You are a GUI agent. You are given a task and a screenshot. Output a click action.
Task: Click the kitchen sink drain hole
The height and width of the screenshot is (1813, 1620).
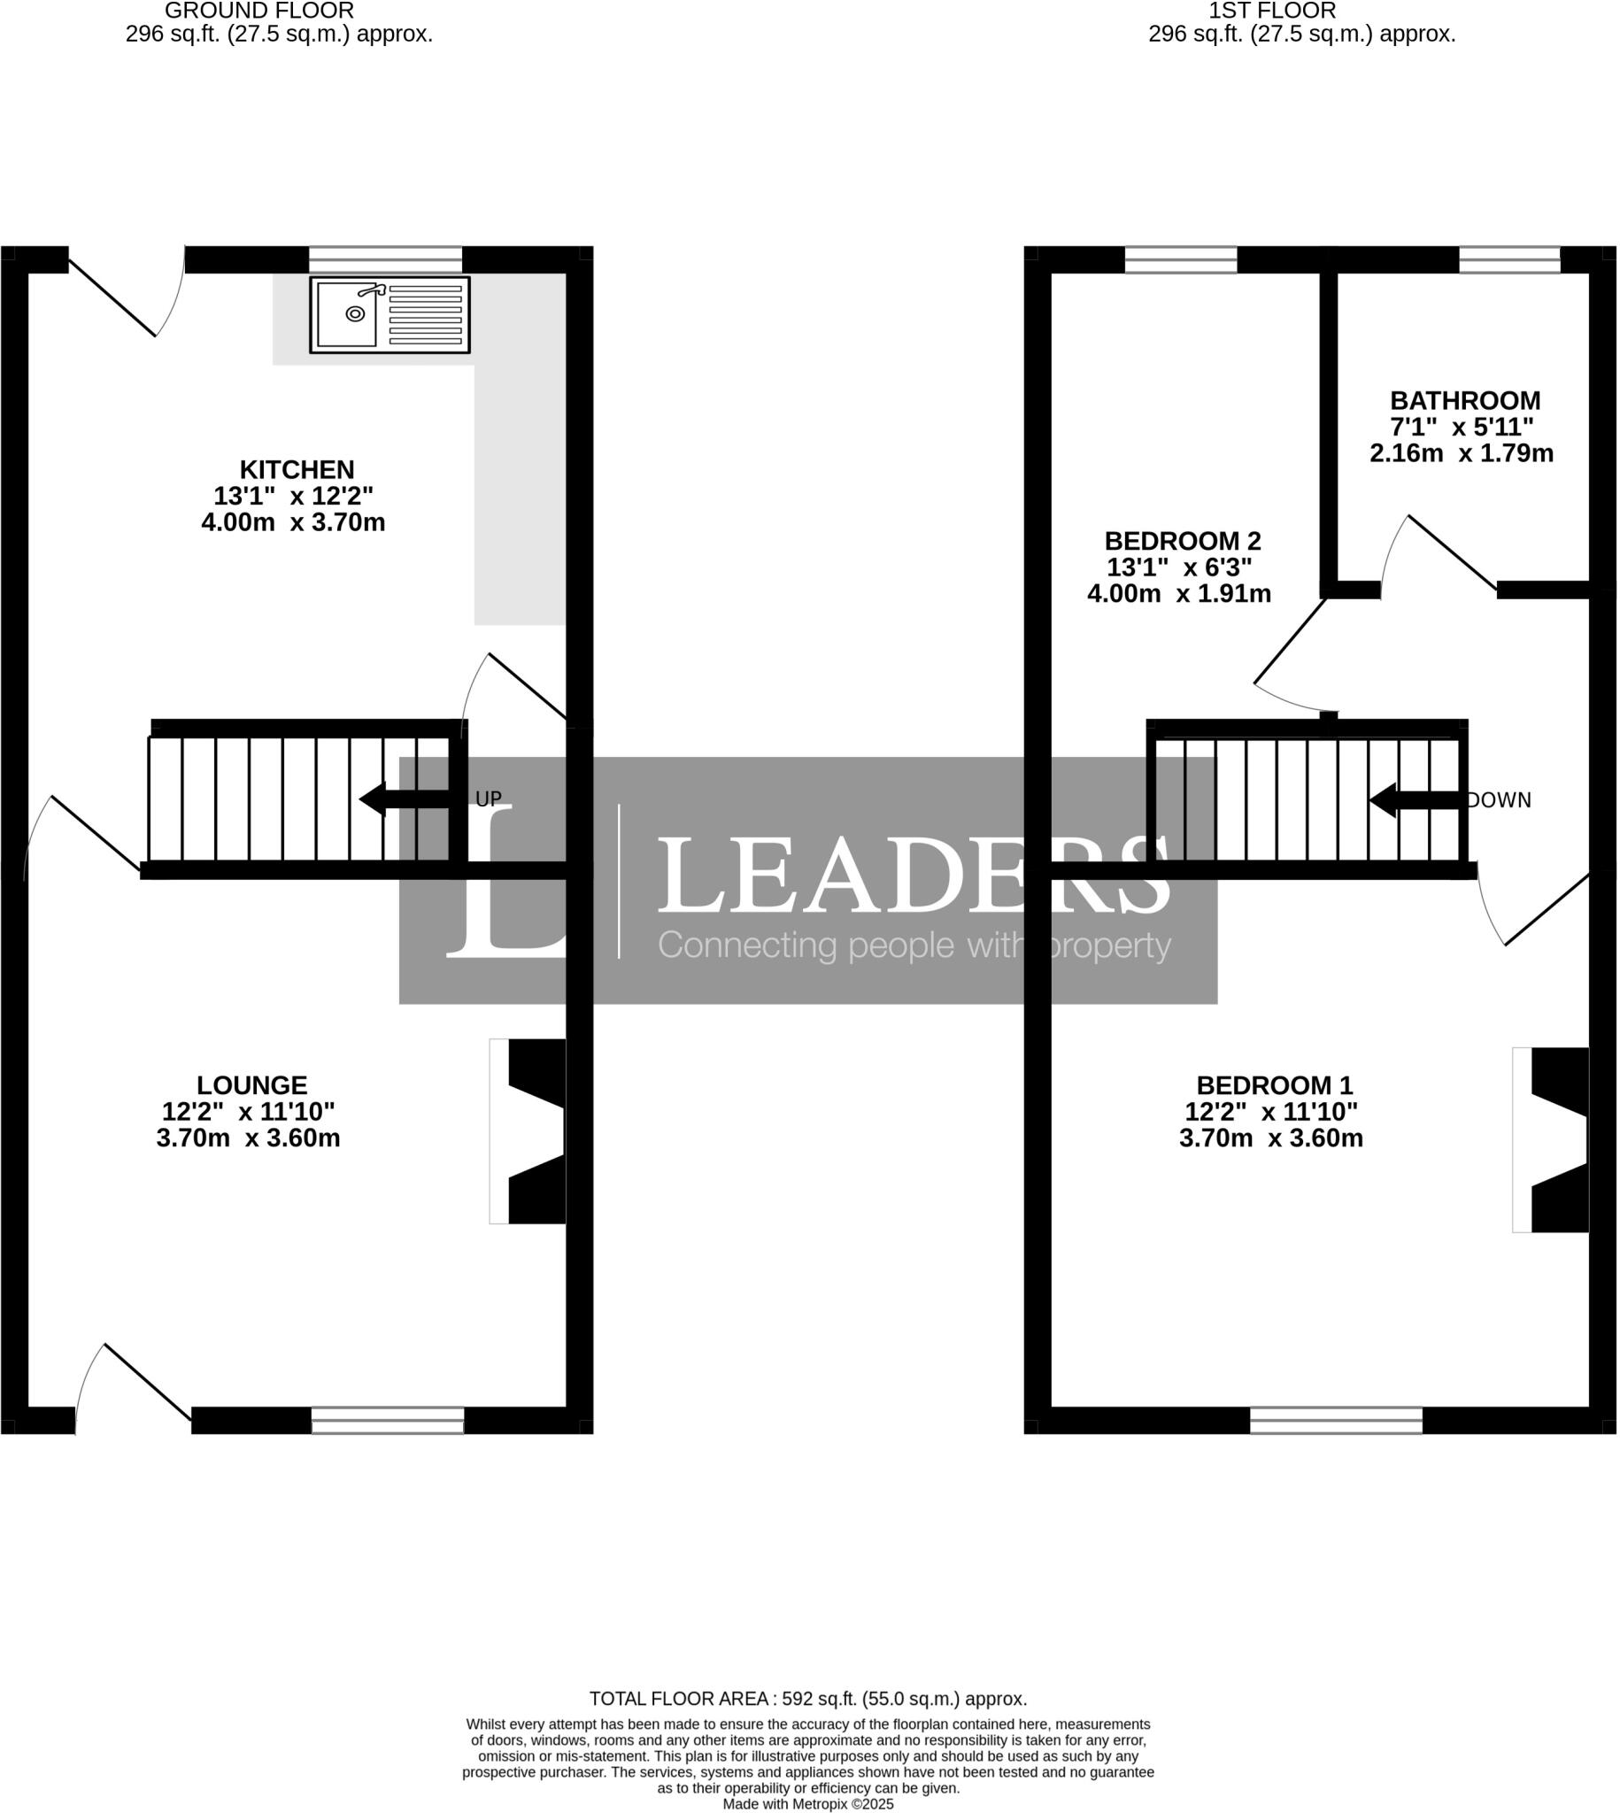click(x=355, y=313)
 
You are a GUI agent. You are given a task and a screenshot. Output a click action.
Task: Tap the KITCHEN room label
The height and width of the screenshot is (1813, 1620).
click(x=297, y=470)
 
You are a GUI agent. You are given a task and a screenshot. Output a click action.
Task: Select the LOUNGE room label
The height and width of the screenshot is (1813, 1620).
click(x=252, y=1086)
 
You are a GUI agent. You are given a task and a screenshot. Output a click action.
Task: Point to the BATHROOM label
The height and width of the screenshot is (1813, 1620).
click(x=1465, y=400)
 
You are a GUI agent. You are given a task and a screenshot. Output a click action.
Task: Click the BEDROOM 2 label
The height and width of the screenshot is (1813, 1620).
click(x=1182, y=541)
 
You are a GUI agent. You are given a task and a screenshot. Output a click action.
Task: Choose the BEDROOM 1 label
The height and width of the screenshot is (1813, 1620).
click(x=1274, y=1086)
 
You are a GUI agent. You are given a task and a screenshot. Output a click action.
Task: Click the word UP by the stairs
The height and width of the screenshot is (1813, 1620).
click(x=489, y=799)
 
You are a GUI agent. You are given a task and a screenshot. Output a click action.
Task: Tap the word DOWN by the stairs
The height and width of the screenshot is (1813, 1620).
click(x=1499, y=800)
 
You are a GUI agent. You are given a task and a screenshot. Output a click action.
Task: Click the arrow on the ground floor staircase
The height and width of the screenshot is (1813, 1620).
click(x=405, y=799)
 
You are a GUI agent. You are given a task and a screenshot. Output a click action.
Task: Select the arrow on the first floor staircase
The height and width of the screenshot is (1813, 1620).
click(x=1416, y=800)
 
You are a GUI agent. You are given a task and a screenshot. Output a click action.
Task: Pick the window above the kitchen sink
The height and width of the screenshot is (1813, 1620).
click(x=385, y=260)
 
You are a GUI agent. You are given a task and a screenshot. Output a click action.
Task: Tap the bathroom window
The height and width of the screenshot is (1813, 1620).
click(x=1509, y=260)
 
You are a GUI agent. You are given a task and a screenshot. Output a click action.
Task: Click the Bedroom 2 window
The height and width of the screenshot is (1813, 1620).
click(x=1181, y=260)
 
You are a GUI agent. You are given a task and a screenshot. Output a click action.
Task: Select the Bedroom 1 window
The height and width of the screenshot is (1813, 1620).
click(x=1336, y=1421)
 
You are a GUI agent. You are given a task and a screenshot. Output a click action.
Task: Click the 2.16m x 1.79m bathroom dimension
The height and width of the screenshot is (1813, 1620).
click(x=1461, y=453)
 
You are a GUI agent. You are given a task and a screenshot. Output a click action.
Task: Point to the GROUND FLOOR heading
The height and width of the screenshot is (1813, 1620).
click(x=259, y=11)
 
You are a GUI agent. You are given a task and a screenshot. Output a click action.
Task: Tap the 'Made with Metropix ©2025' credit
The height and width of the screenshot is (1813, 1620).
click(x=807, y=1804)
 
